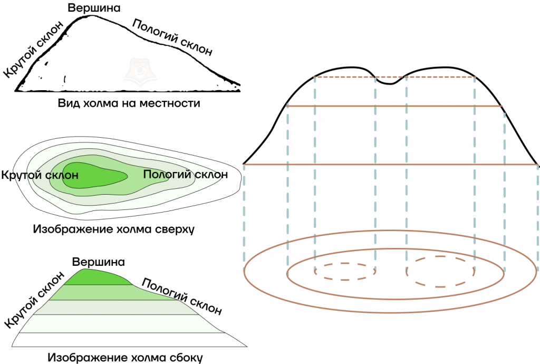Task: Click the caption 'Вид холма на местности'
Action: pyautogui.click(x=129, y=103)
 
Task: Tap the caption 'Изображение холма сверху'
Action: pyautogui.click(x=114, y=229)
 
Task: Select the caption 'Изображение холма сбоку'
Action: pyautogui.click(x=125, y=358)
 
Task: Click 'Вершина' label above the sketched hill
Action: pyautogui.click(x=94, y=8)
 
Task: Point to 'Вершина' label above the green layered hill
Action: pyautogui.click(x=99, y=262)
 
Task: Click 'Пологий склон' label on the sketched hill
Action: pyautogui.click(x=172, y=37)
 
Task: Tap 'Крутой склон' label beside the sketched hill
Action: pyautogui.click(x=34, y=49)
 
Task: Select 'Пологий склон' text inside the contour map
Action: pyautogui.click(x=186, y=174)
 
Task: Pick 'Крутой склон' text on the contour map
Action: pyautogui.click(x=40, y=175)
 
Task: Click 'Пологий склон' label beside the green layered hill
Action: pyautogui.click(x=181, y=296)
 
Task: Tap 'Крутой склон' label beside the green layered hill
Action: pyautogui.click(x=34, y=300)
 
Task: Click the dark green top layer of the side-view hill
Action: pyautogui.click(x=97, y=277)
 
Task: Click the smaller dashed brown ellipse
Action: pyautogui.click(x=345, y=271)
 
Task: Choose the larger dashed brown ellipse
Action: pyautogui.click(x=440, y=271)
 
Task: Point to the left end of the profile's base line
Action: pyautogui.click(x=244, y=165)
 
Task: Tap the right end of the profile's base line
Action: pyautogui.click(x=537, y=165)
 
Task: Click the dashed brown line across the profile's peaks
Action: pyautogui.click(x=395, y=77)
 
